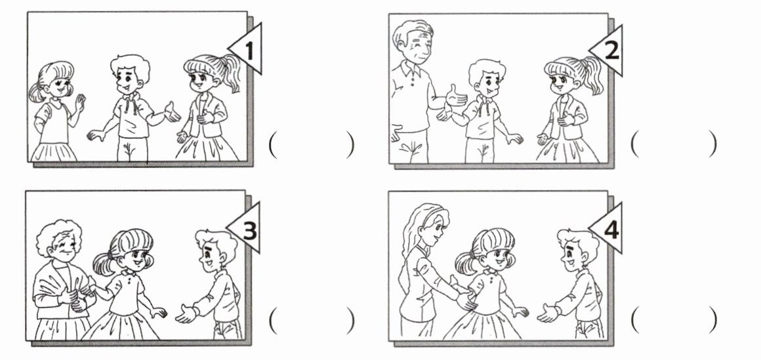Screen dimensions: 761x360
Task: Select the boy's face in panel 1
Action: pyautogui.click(x=127, y=79)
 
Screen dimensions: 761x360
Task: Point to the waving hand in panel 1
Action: pyautogui.click(x=79, y=102)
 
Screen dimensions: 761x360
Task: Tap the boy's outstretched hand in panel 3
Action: pyautogui.click(x=186, y=314)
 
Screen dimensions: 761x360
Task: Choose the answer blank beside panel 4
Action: pyautogui.click(x=674, y=320)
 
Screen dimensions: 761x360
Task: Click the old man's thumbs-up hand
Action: pyautogui.click(x=455, y=96)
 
